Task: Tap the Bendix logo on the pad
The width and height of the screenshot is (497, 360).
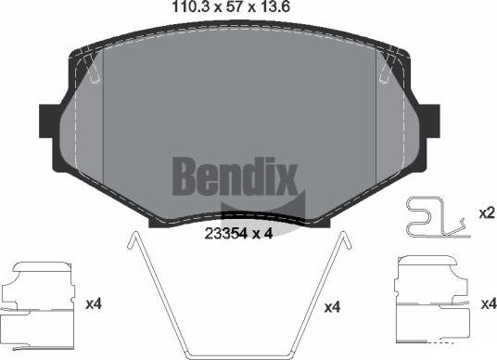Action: (x=233, y=174)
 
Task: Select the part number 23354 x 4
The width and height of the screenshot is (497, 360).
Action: (x=236, y=234)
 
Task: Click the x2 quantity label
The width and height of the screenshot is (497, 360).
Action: (x=485, y=212)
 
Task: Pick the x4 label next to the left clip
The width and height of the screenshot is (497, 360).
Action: (x=93, y=303)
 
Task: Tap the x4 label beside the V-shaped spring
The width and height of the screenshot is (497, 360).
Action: (x=333, y=306)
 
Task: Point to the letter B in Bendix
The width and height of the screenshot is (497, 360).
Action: (x=181, y=174)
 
